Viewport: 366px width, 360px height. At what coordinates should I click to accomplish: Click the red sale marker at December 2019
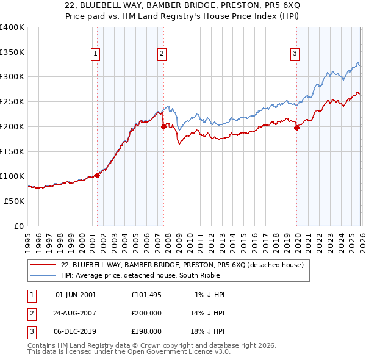click(296, 128)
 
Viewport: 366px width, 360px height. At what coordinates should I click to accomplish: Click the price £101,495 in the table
click(146, 295)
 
